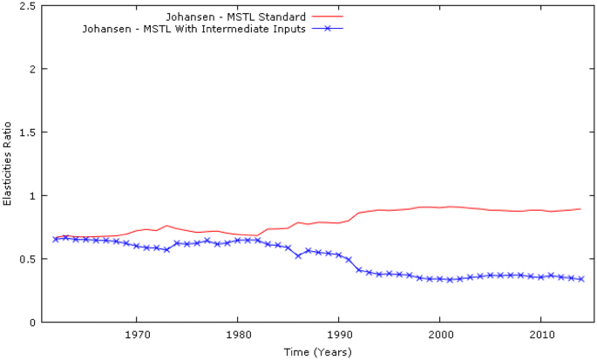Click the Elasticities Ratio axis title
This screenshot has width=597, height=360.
click(8, 164)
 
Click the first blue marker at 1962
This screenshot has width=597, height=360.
click(56, 239)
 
